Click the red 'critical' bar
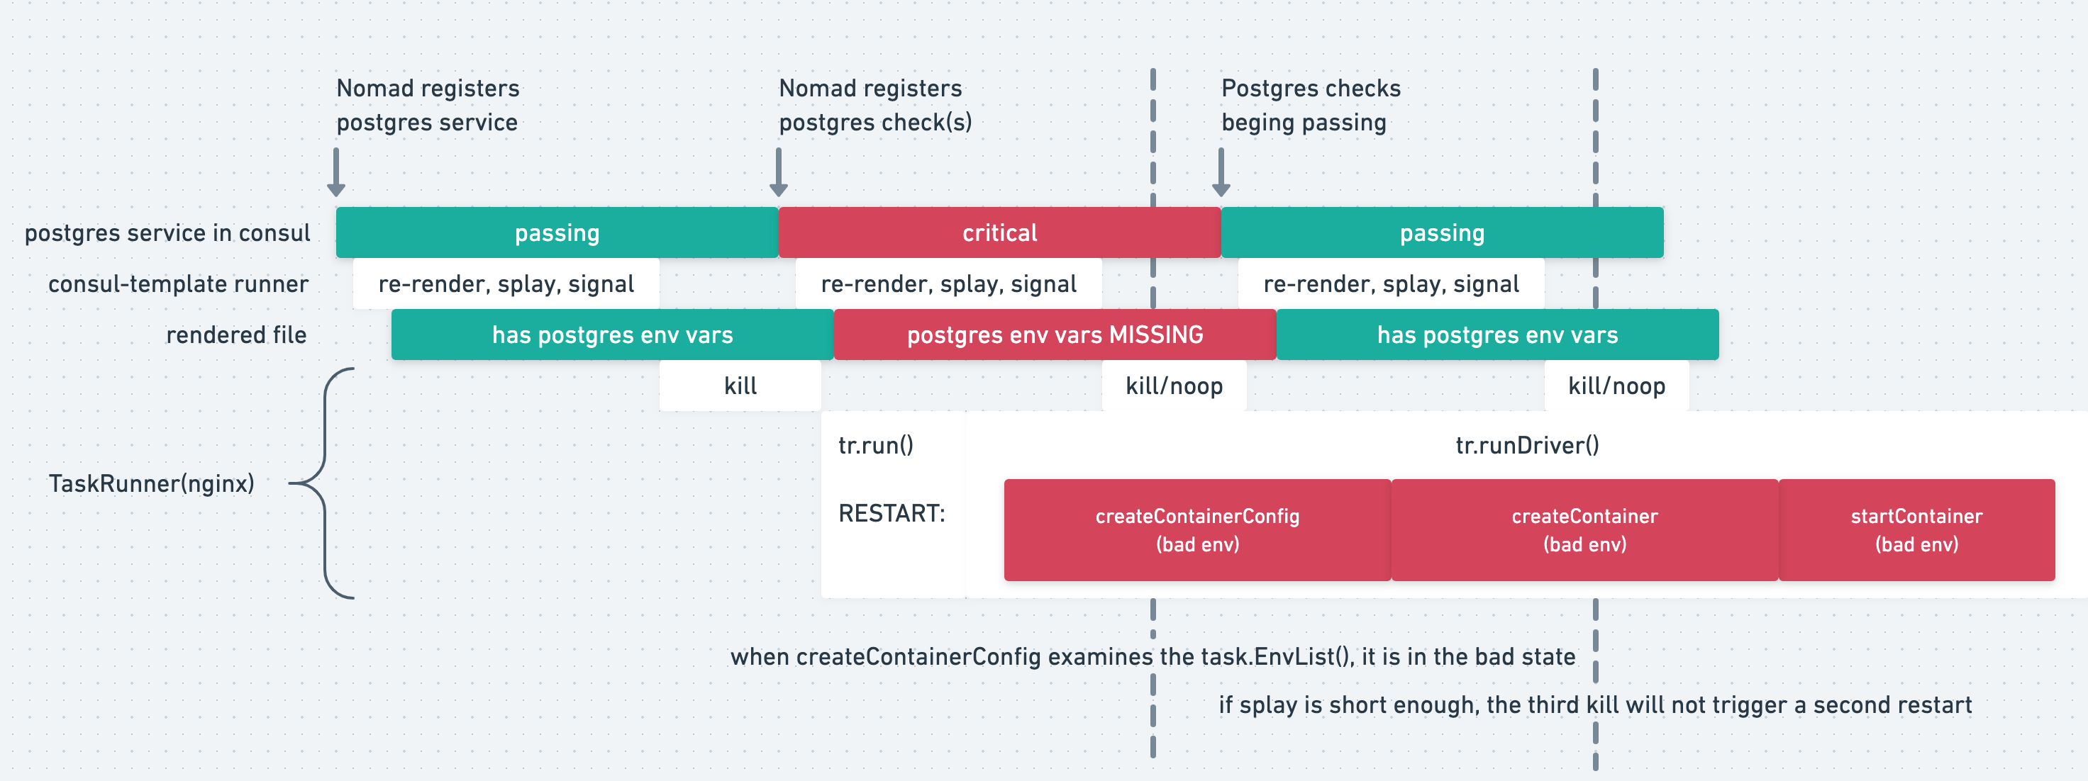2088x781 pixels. (999, 232)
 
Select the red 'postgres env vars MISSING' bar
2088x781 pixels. (1055, 335)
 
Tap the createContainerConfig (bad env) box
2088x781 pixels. (1196, 530)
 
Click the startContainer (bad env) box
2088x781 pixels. (1916, 530)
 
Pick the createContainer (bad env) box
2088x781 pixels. (1584, 530)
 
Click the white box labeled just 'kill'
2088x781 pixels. (740, 386)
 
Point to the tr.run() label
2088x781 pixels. (875, 445)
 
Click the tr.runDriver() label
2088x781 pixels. (1527, 445)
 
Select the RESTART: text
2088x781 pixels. (892, 513)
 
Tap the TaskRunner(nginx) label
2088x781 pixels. (152, 483)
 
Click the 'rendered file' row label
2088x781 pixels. (236, 335)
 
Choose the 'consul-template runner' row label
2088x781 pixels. (178, 283)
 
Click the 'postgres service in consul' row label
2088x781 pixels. (167, 232)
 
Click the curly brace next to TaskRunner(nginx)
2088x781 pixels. (324, 483)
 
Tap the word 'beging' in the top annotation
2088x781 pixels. (1258, 123)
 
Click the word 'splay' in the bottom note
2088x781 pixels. (1267, 705)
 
